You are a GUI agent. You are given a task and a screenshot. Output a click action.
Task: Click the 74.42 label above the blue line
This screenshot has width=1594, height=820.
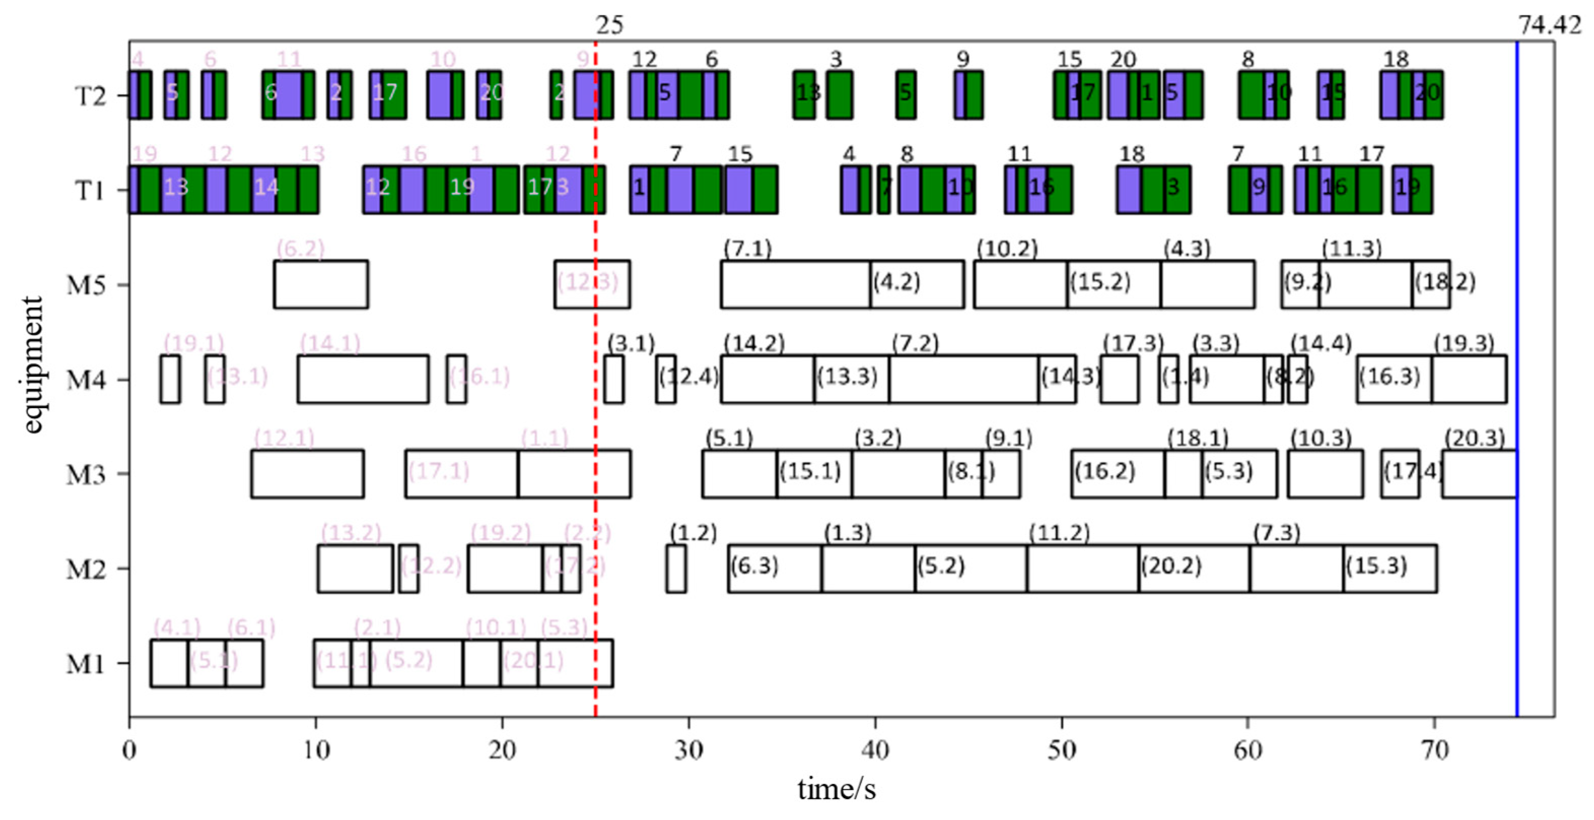(x=1549, y=25)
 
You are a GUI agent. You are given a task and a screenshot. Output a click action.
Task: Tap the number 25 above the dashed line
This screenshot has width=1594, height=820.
(x=610, y=25)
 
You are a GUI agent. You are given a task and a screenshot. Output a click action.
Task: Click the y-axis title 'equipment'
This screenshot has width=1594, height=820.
(x=32, y=365)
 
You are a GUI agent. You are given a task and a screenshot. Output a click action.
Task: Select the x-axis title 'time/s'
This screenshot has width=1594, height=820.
(x=837, y=789)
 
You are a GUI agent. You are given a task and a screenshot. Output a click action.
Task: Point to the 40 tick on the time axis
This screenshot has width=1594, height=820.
(x=875, y=751)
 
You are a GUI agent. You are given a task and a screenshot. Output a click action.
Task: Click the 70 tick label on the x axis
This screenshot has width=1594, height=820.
(x=1434, y=751)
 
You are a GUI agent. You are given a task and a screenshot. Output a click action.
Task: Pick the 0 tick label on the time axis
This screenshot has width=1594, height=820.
(x=129, y=751)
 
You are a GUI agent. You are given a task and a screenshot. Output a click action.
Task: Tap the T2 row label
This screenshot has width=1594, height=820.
(x=90, y=96)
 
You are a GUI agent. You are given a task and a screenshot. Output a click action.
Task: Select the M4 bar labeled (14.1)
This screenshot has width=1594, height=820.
(x=363, y=379)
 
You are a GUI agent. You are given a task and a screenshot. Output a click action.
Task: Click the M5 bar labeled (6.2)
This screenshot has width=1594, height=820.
(x=321, y=284)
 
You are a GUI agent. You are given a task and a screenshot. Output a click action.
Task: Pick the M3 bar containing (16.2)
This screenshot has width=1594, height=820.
(x=1118, y=474)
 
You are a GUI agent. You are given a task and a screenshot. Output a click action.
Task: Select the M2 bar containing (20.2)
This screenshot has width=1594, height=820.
(x=1194, y=568)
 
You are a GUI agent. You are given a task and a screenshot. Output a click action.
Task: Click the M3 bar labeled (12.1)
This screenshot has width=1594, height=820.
(x=307, y=474)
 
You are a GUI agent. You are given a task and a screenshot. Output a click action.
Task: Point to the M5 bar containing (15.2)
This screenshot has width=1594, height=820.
(x=1113, y=284)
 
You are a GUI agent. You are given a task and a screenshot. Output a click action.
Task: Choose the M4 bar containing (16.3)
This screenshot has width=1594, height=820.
(x=1394, y=379)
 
